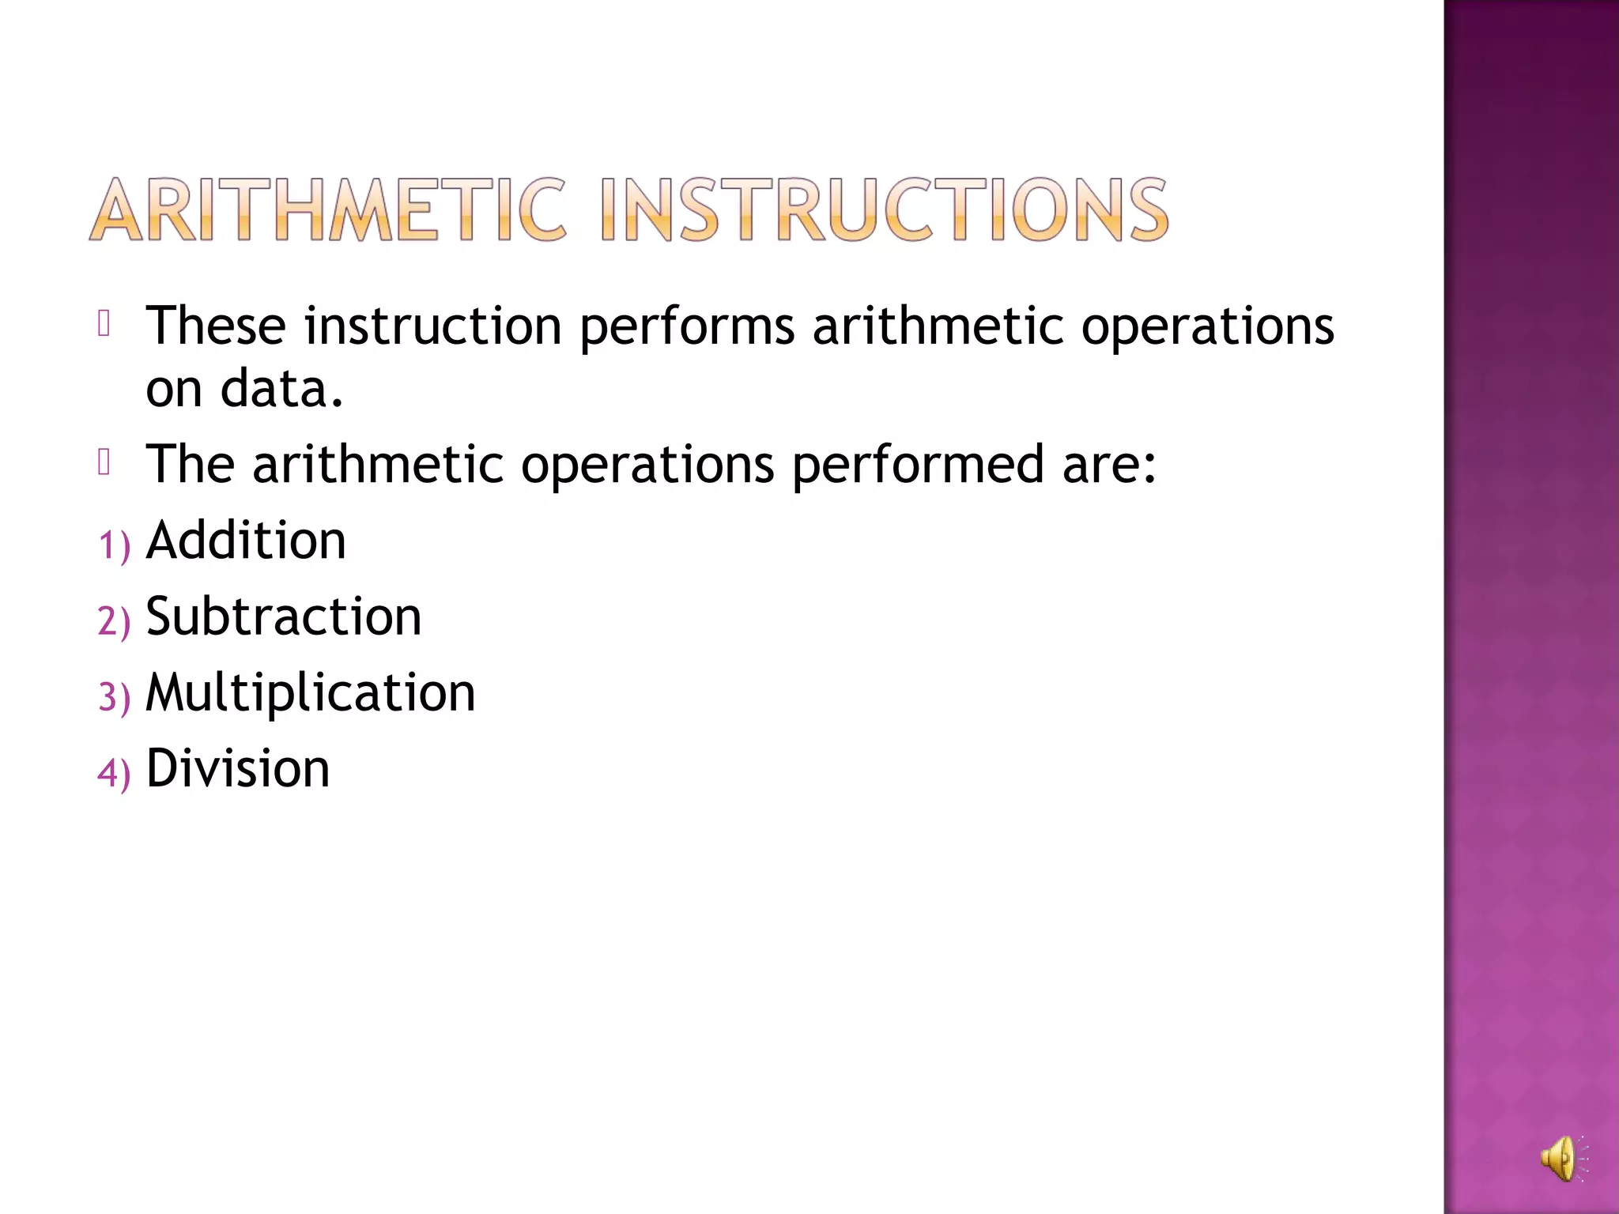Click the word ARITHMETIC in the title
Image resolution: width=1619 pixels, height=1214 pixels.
328,209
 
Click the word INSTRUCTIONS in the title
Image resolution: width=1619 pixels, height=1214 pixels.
884,209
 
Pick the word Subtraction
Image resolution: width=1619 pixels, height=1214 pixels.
284,616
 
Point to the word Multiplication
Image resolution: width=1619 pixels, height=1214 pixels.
311,692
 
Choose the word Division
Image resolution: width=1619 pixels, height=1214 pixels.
238,768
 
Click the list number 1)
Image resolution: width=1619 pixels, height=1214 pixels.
114,545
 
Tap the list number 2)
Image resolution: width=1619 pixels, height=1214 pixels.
114,621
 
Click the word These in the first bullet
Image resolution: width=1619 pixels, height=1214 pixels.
216,326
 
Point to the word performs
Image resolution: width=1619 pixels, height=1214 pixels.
687,326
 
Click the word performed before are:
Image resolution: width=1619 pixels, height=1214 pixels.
918,464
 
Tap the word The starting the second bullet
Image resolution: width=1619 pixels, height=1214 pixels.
191,464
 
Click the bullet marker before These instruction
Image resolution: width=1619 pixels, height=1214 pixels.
104,323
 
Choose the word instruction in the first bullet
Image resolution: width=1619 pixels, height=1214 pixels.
432,326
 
